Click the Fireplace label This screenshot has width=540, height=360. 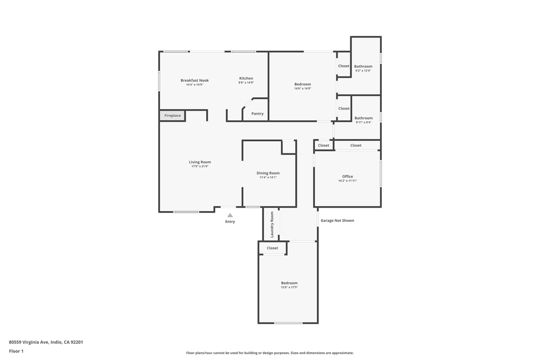click(172, 115)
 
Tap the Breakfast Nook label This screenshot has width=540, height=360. click(195, 81)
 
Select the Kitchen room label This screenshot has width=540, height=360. click(246, 79)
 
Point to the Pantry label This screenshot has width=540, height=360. click(257, 114)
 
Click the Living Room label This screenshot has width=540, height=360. click(200, 162)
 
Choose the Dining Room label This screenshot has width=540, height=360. click(268, 173)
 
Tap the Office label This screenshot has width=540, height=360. click(348, 177)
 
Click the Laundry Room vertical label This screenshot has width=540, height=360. click(272, 225)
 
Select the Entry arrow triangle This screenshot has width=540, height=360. click(230, 215)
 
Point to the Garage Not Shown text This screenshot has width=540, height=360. click(337, 221)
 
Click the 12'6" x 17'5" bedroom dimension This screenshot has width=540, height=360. click(289, 287)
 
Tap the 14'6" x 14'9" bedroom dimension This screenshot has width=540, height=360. click(303, 89)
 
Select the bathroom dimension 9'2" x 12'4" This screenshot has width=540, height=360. click(363, 71)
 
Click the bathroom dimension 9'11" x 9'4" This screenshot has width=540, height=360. click(363, 122)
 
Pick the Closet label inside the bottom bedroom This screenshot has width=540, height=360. click(272, 248)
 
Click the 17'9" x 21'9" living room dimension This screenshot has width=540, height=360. click(200, 167)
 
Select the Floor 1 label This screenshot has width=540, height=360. click(16, 351)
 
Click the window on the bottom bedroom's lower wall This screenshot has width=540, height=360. click(288, 323)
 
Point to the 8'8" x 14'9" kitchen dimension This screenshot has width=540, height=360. click(246, 83)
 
